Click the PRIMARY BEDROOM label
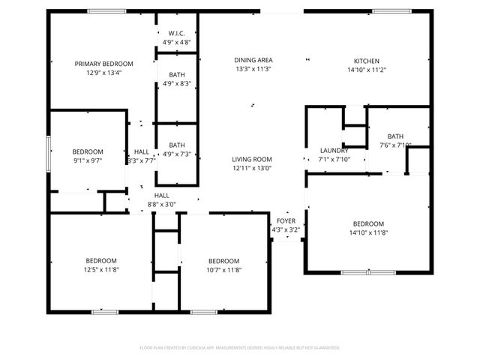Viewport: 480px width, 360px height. click(x=103, y=64)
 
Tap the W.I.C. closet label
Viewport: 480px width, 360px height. click(x=177, y=34)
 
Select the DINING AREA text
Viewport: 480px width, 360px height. click(x=253, y=60)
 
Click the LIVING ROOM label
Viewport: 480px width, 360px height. click(x=251, y=159)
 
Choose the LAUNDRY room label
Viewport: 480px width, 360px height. click(x=334, y=150)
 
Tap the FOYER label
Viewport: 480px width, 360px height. click(x=286, y=221)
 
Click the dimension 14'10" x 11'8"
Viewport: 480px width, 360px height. click(x=368, y=232)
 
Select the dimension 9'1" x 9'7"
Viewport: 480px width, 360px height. click(x=88, y=160)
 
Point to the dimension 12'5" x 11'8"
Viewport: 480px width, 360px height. click(x=100, y=269)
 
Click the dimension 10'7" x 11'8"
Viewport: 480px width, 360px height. click(x=223, y=269)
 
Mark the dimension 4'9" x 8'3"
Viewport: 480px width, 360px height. click(x=177, y=83)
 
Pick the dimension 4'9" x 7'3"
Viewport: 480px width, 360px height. click(x=177, y=154)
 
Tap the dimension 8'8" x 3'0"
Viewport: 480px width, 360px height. click(x=161, y=203)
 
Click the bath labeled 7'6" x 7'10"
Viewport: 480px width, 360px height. click(x=395, y=145)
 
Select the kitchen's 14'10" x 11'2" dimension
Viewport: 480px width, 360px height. click(x=366, y=70)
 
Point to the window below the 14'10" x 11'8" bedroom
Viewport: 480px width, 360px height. click(x=358, y=271)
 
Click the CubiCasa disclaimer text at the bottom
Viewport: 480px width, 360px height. click(x=240, y=347)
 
